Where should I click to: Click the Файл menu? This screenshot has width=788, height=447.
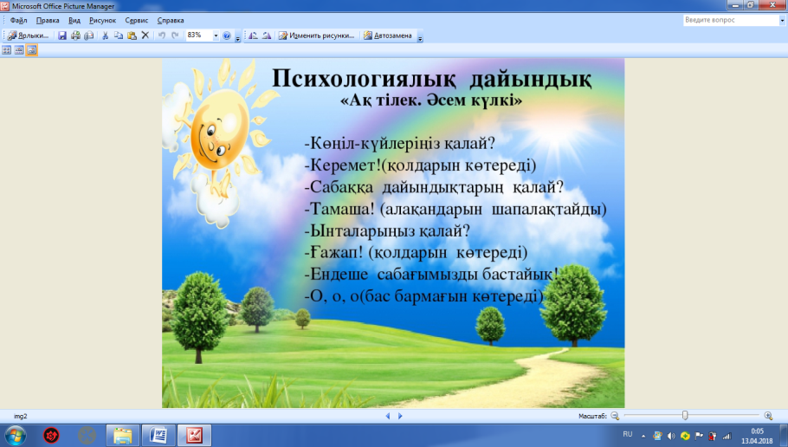click(18, 21)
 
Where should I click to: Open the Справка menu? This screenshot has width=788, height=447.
click(171, 21)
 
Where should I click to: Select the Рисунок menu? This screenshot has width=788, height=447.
click(102, 21)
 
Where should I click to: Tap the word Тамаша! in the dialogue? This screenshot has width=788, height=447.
click(342, 209)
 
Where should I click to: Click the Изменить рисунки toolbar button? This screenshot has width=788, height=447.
click(317, 36)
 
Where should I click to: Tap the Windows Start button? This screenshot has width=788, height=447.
click(15, 436)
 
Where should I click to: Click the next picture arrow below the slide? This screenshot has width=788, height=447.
click(400, 416)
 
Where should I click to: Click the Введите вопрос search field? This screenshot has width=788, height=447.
click(730, 20)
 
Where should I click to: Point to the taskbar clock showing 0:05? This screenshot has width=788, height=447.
click(757, 431)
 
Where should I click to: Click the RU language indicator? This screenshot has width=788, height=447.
click(627, 434)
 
